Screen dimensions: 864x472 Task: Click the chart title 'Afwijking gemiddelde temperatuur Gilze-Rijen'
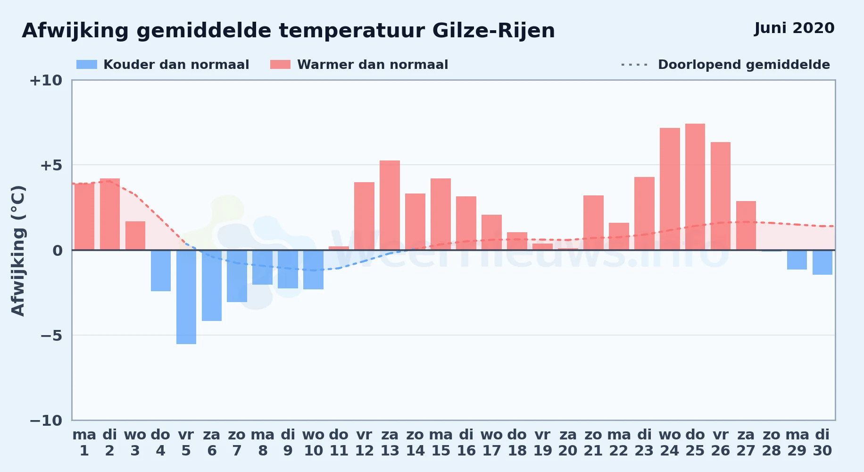288,31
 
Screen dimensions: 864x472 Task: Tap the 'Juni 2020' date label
794,28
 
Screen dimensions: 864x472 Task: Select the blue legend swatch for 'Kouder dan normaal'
87,65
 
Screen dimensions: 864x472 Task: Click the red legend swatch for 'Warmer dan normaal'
280,65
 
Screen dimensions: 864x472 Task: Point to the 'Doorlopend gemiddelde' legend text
744,65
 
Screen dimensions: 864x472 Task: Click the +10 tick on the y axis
46,81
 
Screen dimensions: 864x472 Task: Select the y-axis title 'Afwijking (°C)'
18,250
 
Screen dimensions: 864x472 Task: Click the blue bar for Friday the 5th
186,297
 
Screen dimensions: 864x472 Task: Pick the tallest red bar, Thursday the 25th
695,187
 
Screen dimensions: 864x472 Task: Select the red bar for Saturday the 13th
390,205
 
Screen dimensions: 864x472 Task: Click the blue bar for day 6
212,286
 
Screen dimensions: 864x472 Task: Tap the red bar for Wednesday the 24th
670,189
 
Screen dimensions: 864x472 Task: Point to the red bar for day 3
135,236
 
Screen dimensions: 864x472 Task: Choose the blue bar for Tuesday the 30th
822,262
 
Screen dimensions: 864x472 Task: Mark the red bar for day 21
593,223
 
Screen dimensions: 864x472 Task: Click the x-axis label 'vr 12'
364,443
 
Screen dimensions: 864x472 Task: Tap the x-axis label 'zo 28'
772,443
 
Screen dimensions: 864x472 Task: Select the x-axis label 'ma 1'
84,443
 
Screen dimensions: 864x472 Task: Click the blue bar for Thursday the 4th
161,270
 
